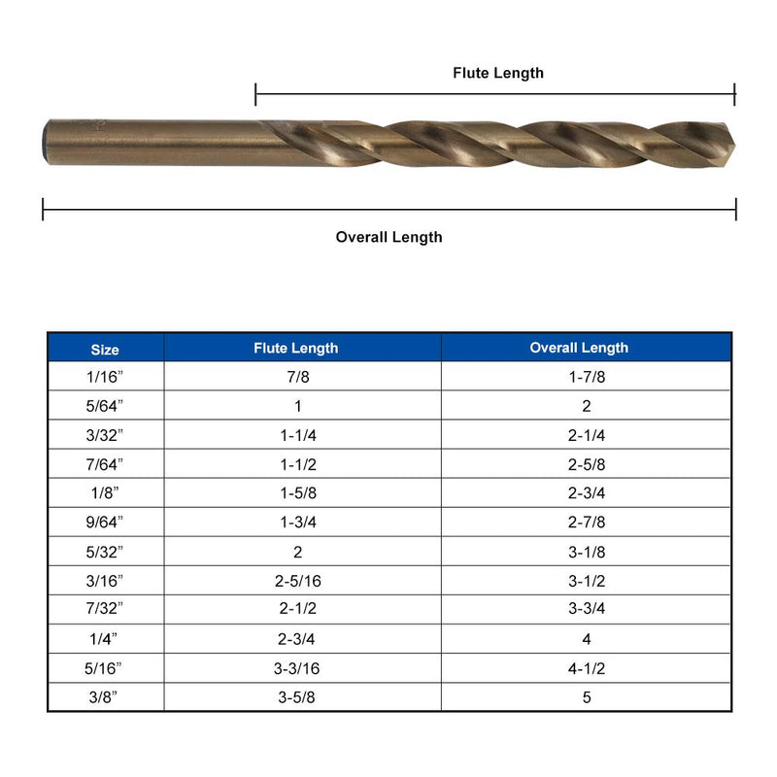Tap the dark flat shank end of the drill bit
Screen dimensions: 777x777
coord(48,142)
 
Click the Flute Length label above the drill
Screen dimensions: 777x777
coord(498,73)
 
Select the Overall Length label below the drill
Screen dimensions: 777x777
coord(388,237)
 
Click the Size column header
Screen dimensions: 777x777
coord(105,349)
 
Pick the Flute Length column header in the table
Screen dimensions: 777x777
coord(296,348)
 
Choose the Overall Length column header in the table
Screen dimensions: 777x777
coord(579,348)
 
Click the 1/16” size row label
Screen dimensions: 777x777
coord(105,378)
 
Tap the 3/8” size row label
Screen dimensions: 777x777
coord(105,697)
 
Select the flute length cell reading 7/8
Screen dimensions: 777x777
coord(296,378)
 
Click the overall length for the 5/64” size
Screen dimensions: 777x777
coord(587,407)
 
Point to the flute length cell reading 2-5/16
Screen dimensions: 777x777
coord(296,581)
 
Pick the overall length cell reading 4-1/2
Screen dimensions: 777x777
coord(587,668)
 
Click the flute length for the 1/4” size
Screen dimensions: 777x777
coord(296,639)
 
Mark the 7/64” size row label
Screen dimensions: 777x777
coord(105,465)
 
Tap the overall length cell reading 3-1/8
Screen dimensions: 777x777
coord(587,552)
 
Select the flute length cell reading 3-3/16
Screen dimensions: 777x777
coord(296,668)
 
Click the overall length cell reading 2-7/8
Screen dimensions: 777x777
coord(587,523)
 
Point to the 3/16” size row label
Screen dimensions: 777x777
coord(105,581)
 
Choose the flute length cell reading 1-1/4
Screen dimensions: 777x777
coord(296,436)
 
